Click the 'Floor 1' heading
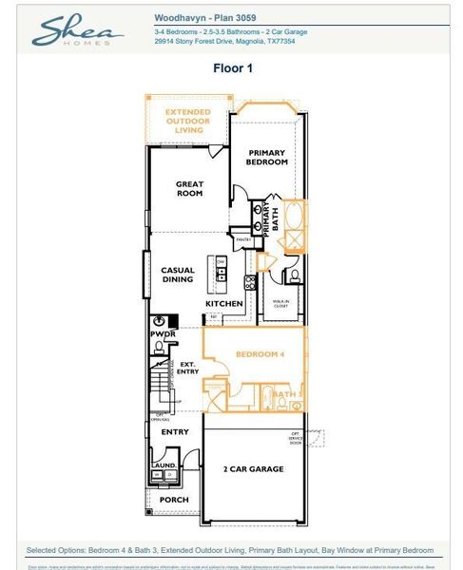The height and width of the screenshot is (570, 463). [231, 68]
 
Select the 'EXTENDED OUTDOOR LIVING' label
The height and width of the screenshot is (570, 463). [188, 122]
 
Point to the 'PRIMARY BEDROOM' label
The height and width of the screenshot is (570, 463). [267, 158]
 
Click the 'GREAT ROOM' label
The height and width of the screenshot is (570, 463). [189, 189]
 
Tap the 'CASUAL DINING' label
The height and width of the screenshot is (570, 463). [177, 275]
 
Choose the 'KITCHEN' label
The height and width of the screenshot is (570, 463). [225, 304]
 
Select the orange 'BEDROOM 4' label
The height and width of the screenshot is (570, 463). [260, 354]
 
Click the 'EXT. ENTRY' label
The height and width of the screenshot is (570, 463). [188, 367]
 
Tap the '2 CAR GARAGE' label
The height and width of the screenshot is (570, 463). [252, 469]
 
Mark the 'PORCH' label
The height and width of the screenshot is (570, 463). [174, 500]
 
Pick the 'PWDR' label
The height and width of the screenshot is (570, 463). [161, 334]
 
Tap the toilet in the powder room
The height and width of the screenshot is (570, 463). [158, 348]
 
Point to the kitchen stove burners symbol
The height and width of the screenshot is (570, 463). [250, 281]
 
